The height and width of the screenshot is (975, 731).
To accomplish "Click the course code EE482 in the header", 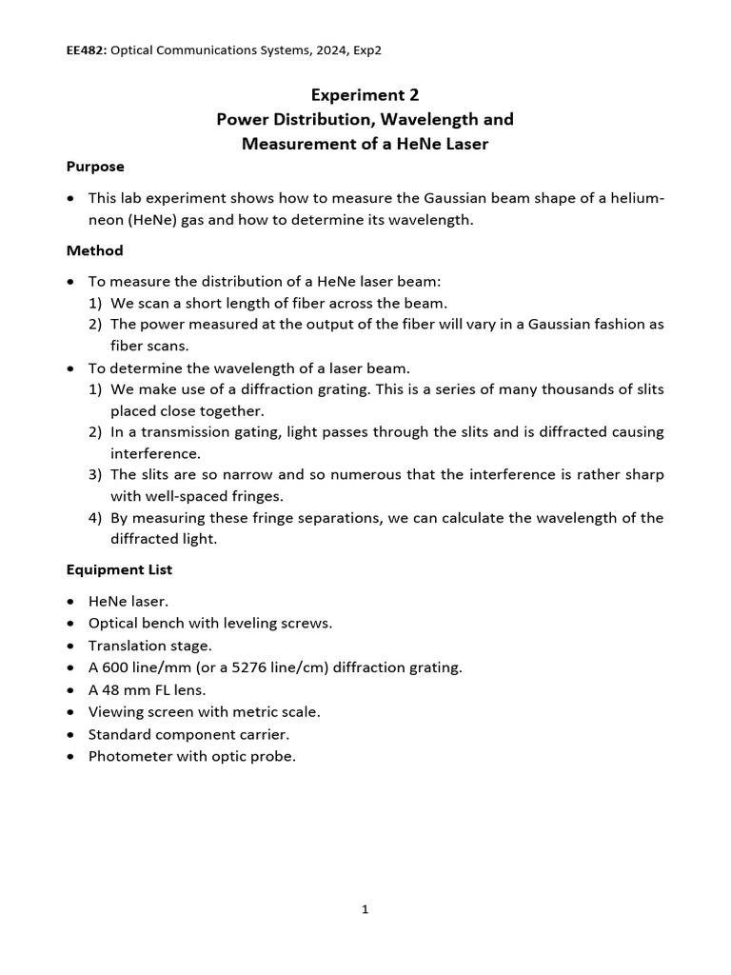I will pos(85,50).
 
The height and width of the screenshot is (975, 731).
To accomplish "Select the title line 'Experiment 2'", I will pos(365,95).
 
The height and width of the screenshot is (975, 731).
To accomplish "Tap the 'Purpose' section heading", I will pos(95,167).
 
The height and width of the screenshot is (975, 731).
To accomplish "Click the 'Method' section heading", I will pos(94,251).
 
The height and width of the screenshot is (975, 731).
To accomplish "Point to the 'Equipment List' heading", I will pos(119,570).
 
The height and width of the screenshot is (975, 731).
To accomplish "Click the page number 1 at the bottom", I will pos(365,909).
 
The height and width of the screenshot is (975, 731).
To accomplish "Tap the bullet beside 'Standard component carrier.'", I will pos(71,735).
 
